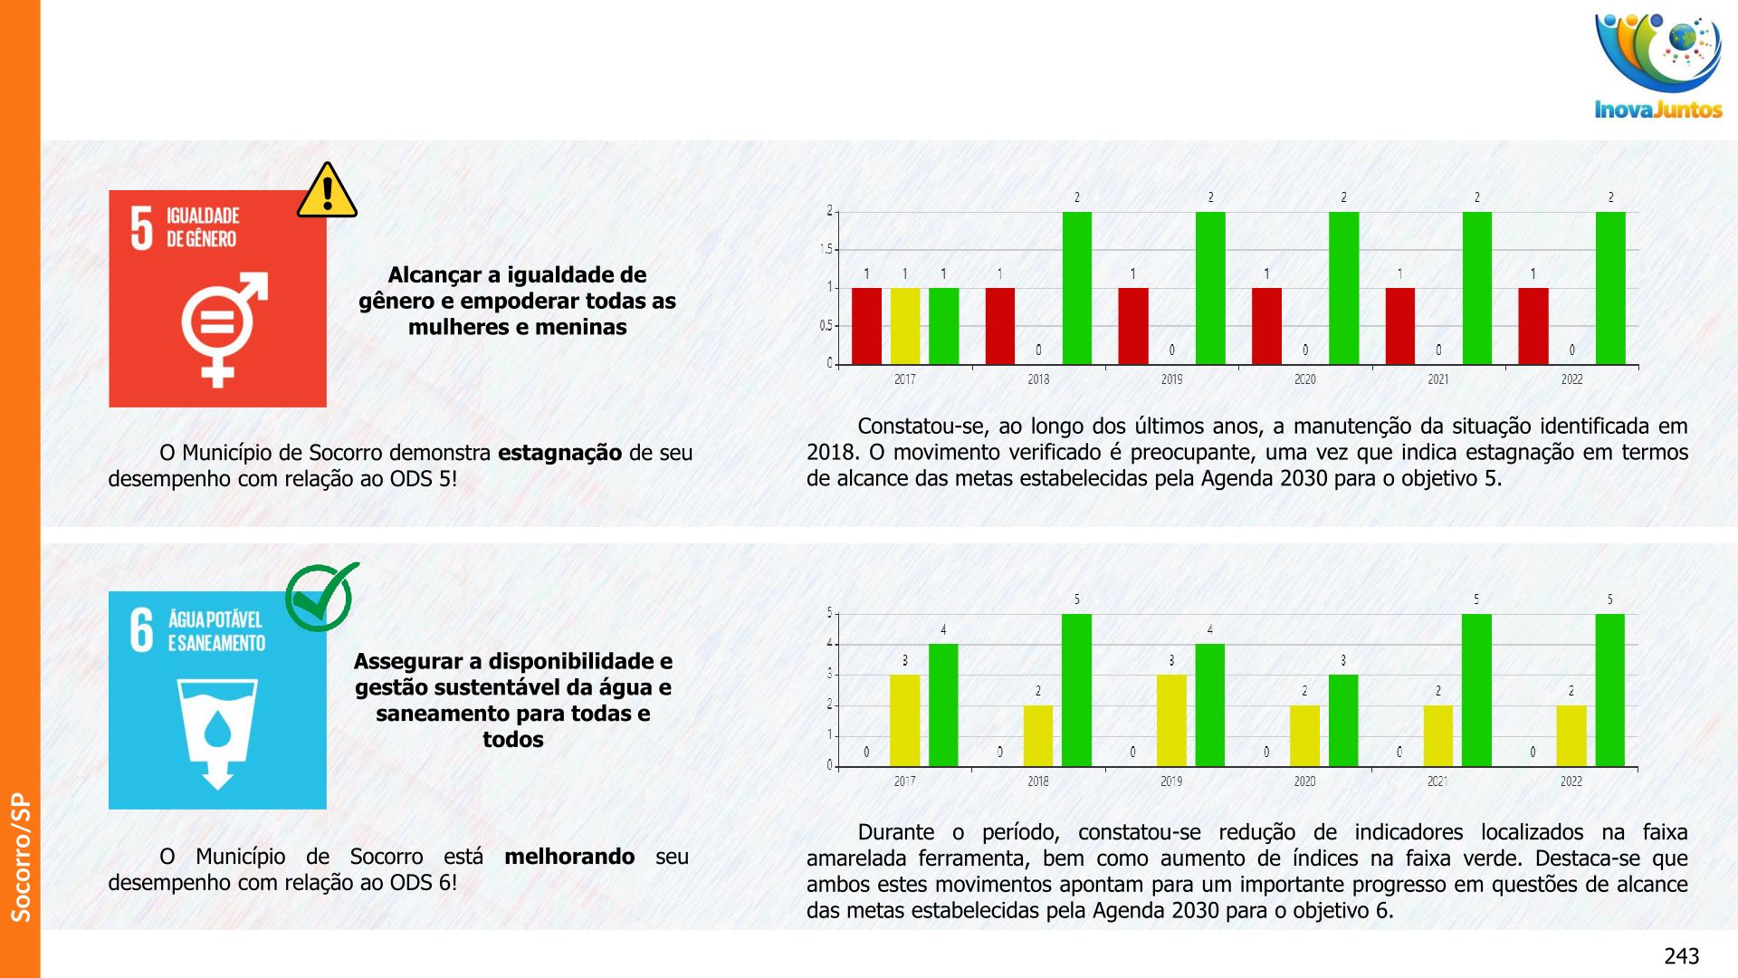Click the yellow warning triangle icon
click(x=327, y=192)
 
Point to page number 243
click(x=1681, y=956)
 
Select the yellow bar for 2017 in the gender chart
click(x=904, y=326)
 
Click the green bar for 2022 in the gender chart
click(x=1610, y=288)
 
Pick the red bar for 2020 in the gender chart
click(x=1266, y=326)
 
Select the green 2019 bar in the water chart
click(x=1209, y=705)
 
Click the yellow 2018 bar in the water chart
click(x=1038, y=735)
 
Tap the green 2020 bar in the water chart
click(x=1343, y=720)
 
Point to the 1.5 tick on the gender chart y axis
click(x=826, y=250)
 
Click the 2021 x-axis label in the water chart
click(x=1437, y=781)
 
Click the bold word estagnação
click(x=559, y=453)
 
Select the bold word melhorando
click(x=569, y=857)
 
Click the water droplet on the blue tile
click(x=217, y=728)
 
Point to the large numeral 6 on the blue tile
click(x=142, y=630)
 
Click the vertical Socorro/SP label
click(x=21, y=857)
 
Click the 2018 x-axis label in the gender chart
click(x=1038, y=379)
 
